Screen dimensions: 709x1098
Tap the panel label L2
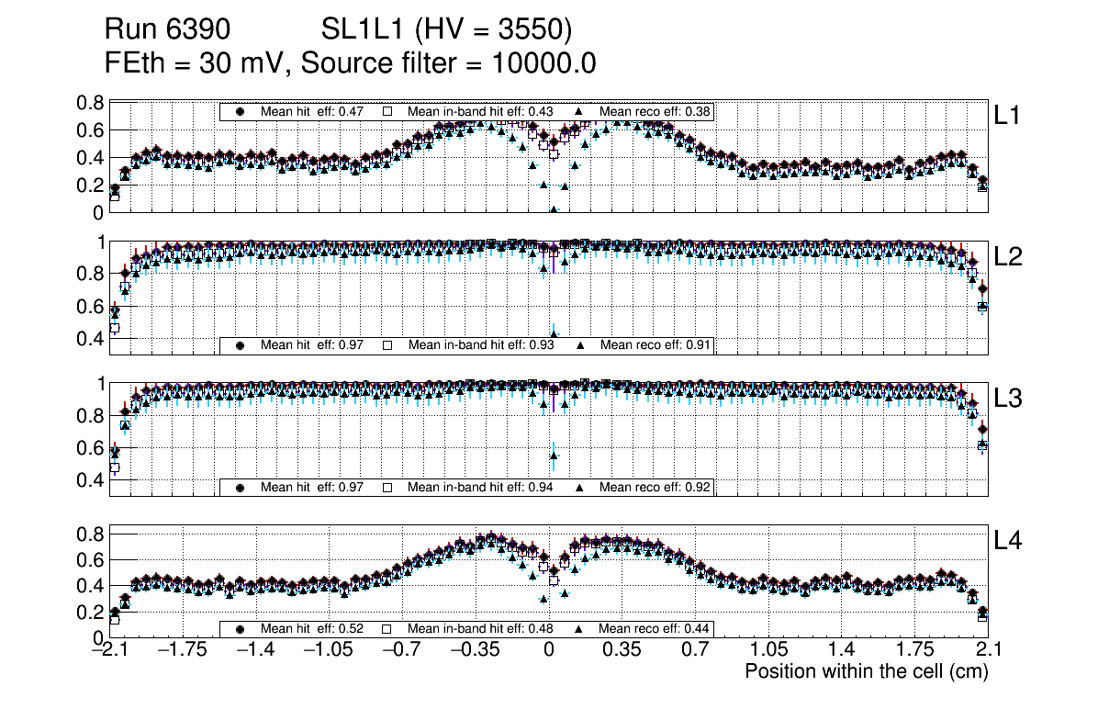click(1010, 257)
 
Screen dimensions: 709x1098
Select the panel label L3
click(1010, 400)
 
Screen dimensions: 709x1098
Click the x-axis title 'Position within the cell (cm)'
click(866, 671)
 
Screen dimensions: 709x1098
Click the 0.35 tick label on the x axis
click(622, 650)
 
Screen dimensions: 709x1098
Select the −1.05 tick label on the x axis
click(328, 650)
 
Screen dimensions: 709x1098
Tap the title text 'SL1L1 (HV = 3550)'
click(447, 31)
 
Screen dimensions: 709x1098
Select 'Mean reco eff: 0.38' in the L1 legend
click(655, 112)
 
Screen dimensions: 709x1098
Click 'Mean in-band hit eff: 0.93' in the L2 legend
click(482, 345)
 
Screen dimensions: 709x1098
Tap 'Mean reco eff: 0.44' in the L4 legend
click(655, 629)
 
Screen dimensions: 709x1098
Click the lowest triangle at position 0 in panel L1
click(554, 209)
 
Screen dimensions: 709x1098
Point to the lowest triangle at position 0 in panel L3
click(554, 455)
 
